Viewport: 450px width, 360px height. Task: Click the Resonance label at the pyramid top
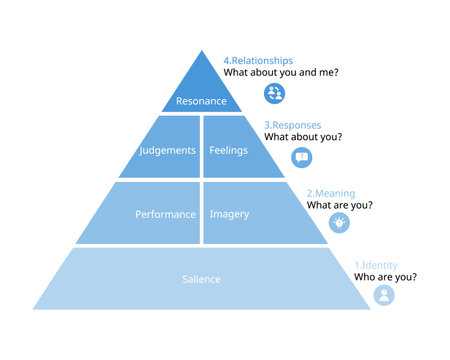[201, 101]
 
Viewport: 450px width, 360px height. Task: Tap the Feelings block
[228, 150]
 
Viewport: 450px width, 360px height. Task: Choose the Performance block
[164, 214]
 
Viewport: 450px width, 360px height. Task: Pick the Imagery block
[229, 214]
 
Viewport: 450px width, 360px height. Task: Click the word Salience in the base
[201, 279]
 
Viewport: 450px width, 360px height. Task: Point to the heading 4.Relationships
[258, 60]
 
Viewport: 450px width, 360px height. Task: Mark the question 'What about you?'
[303, 138]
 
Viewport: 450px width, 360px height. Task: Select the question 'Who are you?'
[386, 277]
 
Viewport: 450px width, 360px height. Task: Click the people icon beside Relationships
[274, 93]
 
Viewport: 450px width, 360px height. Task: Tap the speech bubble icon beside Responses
[301, 158]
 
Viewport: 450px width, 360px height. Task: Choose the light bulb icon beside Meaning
[339, 222]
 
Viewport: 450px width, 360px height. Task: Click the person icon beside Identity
[384, 295]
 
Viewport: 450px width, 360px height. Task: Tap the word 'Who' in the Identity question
[366, 277]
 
